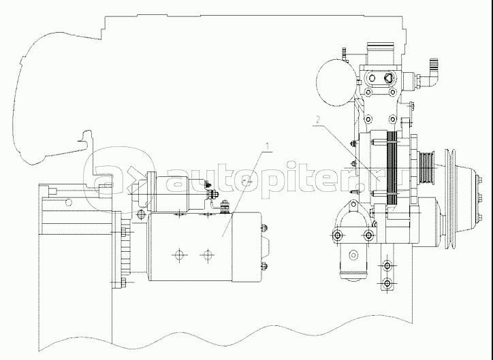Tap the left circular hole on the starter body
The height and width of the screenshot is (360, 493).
click(178, 256)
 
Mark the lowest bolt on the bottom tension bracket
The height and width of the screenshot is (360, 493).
click(387, 282)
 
